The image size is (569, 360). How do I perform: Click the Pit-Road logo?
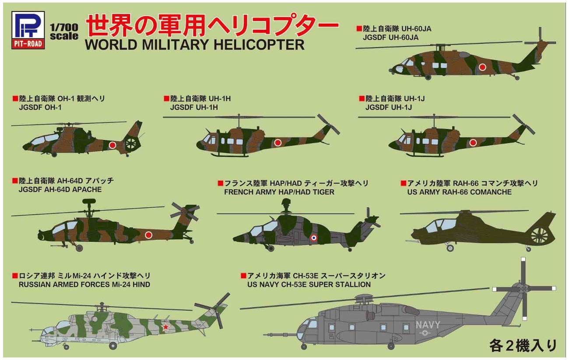tap(27, 28)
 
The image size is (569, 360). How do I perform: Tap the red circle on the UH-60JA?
tap(482, 67)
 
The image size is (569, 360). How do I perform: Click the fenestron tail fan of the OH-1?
tap(132, 143)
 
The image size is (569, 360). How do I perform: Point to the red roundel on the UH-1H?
tap(277, 142)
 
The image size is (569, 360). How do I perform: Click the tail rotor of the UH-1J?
tap(523, 124)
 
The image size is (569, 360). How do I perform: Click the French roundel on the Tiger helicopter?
tap(313, 238)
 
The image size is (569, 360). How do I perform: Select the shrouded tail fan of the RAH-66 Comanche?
tap(539, 236)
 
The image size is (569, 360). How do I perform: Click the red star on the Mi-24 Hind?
tap(166, 326)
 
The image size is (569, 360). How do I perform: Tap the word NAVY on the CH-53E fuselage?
tap(428, 325)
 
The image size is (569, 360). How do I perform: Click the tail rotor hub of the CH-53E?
tap(523, 289)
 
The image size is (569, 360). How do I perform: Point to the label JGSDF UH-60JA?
tap(390, 38)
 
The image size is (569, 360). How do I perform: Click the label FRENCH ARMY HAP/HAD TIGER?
tap(279, 192)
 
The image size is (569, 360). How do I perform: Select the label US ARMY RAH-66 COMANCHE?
tap(459, 192)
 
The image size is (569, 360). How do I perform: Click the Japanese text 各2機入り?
tap(523, 346)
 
